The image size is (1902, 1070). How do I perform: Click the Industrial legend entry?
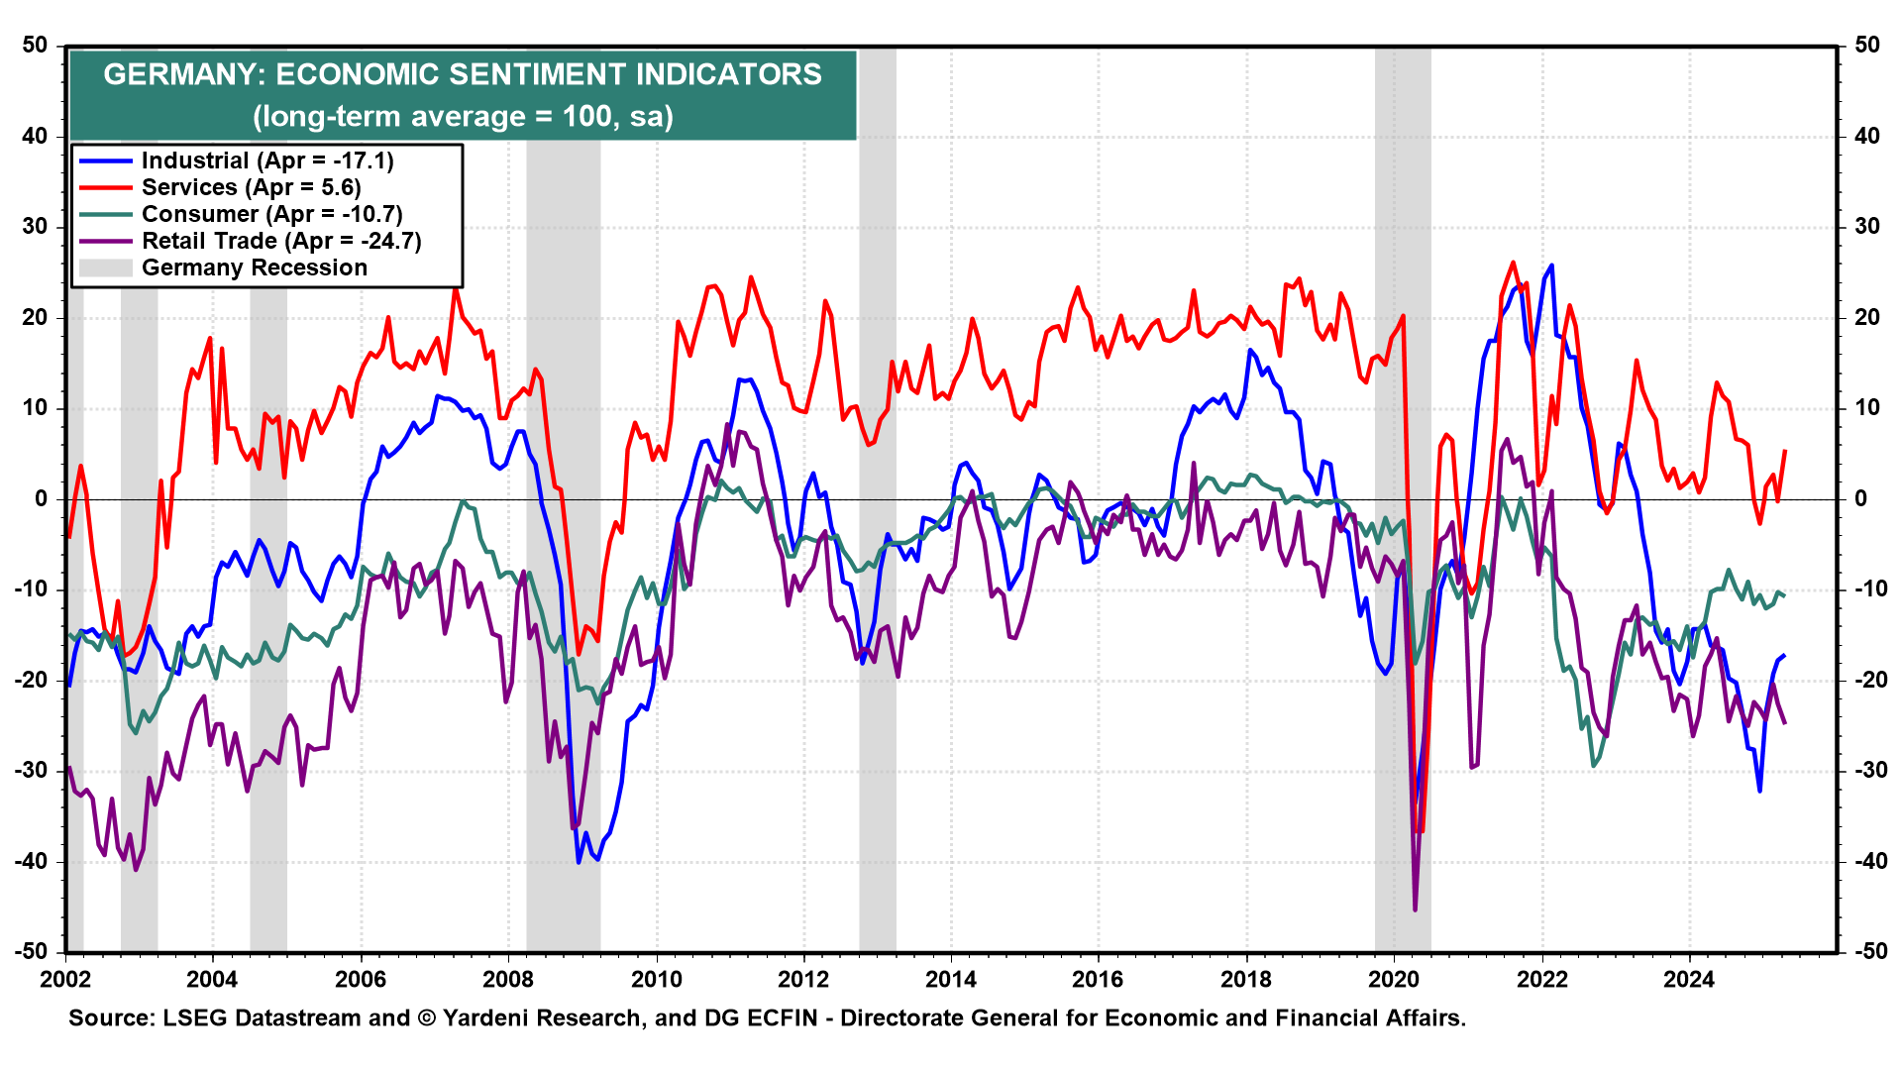(267, 161)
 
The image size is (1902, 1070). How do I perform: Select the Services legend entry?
(251, 188)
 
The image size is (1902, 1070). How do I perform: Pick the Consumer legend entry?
(271, 215)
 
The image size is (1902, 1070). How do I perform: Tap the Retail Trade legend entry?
(281, 242)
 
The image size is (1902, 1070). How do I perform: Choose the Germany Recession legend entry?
(254, 268)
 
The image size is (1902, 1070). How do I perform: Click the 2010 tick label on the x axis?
(656, 980)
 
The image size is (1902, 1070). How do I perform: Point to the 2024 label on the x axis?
(1689, 980)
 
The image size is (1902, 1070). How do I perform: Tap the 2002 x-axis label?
(65, 980)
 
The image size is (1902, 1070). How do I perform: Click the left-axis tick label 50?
(36, 46)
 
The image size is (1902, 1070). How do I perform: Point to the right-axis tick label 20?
(1866, 318)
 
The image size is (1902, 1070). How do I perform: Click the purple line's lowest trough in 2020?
(1415, 909)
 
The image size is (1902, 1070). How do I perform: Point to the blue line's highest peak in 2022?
(1550, 266)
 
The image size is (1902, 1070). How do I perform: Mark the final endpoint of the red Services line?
(1785, 451)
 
